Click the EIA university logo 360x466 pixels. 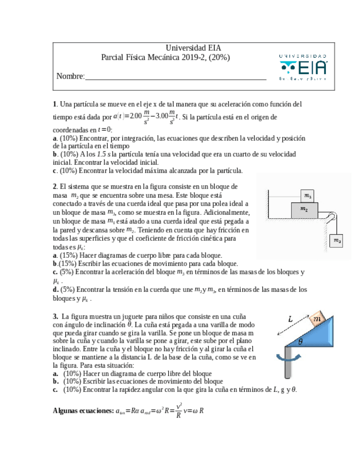[303, 67]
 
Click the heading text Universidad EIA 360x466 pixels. [193, 48]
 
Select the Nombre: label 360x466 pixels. [70, 76]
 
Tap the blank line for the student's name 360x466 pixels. [175, 77]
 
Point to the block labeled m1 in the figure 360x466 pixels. [307, 196]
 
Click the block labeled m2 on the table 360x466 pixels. [303, 209]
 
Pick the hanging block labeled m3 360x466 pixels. [337, 240]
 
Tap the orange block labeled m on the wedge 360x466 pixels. [317, 320]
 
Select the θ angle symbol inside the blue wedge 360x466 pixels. [300, 341]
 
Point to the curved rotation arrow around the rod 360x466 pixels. [287, 358]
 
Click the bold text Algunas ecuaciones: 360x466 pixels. [84, 410]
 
